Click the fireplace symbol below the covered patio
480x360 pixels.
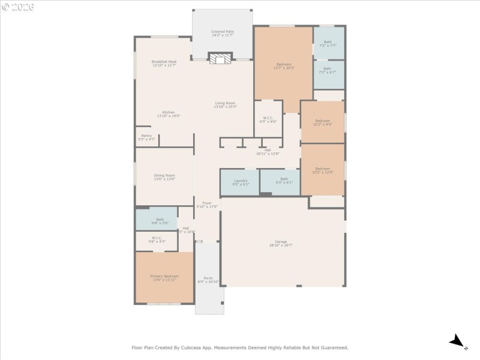(220, 58)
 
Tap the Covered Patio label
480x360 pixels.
(223, 33)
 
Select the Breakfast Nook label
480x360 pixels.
(164, 63)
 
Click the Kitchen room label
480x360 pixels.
(169, 114)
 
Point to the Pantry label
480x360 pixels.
(147, 137)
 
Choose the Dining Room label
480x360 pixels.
(164, 177)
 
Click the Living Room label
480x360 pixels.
(226, 104)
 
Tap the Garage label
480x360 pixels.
(281, 244)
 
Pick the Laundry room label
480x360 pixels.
(241, 182)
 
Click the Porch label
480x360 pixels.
(208, 280)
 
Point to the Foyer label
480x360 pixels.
(207, 204)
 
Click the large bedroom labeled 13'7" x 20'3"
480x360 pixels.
(284, 66)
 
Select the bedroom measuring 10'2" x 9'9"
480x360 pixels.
(323, 123)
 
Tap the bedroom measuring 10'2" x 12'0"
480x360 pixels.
(323, 170)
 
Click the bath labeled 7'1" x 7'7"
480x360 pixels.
(328, 43)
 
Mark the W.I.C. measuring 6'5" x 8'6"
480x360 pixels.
(268, 120)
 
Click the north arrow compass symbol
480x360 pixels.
(458, 342)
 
